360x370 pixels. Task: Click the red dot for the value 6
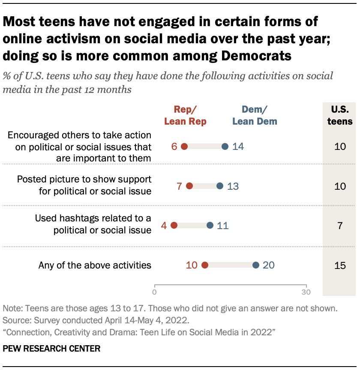coord(184,146)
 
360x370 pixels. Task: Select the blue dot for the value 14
coord(225,146)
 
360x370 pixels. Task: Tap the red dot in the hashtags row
coord(174,225)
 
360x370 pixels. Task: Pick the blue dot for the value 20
coord(255,265)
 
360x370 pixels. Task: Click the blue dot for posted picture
coord(220,186)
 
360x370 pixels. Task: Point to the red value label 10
coord(192,265)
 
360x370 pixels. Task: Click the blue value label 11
coord(222,225)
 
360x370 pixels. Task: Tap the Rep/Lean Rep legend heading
coord(185,115)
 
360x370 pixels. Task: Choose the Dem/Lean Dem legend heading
coord(255,115)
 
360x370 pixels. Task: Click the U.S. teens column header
coord(340,115)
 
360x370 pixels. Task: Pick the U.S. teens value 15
coord(340,265)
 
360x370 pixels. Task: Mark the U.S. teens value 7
coord(340,225)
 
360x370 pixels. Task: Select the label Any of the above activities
coord(95,265)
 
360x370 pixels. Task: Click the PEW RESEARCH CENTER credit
coord(51,349)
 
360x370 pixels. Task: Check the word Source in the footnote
coord(15,319)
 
